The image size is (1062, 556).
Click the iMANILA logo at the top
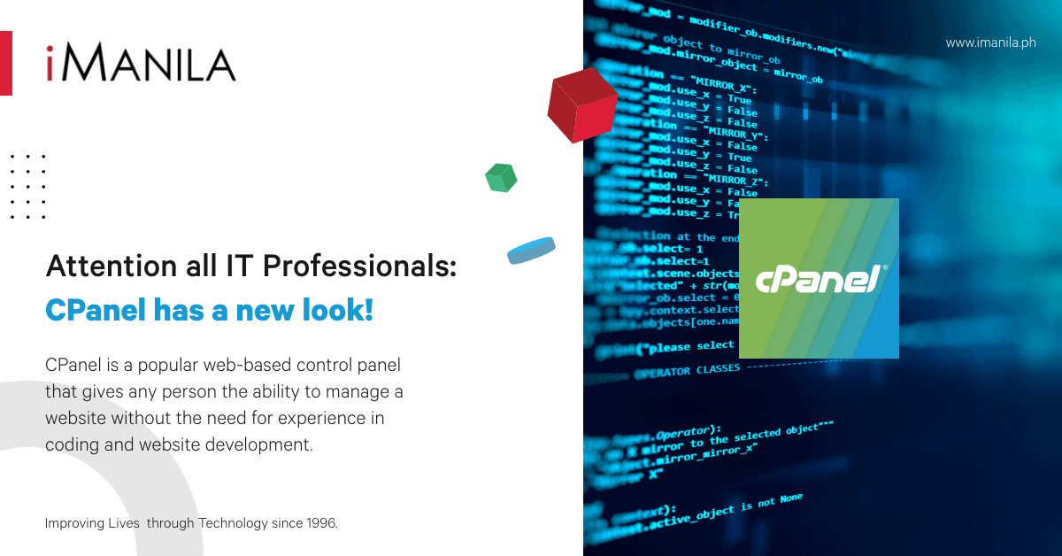pyautogui.click(x=142, y=63)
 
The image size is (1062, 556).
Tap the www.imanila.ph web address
pyautogui.click(x=990, y=42)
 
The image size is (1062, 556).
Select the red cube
pyautogui.click(x=581, y=107)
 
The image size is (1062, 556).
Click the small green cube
pyautogui.click(x=501, y=177)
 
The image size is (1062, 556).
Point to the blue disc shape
pyautogui.click(x=531, y=251)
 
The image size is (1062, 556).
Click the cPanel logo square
pyautogui.click(x=819, y=278)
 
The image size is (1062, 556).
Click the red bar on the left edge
pyautogui.click(x=5, y=63)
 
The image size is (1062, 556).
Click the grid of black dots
pyautogui.click(x=27, y=187)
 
